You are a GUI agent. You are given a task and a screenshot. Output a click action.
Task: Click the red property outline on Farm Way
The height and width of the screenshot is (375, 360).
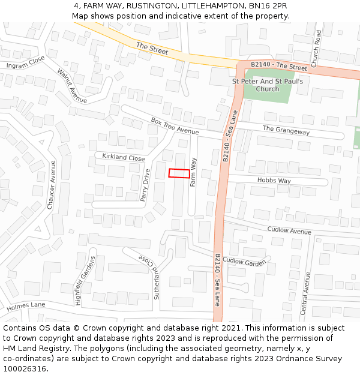coord(179,173)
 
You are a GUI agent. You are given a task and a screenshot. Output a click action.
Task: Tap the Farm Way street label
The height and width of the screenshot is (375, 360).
coord(193,172)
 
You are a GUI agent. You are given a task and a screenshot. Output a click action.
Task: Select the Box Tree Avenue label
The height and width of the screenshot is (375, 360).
coord(175,126)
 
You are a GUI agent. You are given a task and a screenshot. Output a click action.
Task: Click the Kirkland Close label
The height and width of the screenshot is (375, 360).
coord(124,158)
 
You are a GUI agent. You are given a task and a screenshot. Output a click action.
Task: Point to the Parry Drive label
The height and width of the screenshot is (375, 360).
coord(145,185)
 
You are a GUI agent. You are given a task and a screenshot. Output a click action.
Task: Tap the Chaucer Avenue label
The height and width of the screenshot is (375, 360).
coord(51,185)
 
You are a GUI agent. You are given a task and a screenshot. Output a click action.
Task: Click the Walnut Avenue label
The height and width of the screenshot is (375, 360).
coord(72,86)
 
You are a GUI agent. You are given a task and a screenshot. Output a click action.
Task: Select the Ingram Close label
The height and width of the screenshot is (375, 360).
coord(26,62)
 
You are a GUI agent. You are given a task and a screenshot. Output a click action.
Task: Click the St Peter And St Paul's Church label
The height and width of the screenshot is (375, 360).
coord(267,85)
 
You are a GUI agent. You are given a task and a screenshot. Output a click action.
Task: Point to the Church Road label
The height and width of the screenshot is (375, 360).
coord(317,48)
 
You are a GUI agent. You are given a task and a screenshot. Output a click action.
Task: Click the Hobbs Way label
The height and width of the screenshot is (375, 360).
coord(274,181)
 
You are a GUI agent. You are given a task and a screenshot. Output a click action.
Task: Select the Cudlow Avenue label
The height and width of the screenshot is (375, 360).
coord(289,230)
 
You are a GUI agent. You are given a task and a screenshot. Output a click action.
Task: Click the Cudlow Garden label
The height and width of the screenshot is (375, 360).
coord(244,262)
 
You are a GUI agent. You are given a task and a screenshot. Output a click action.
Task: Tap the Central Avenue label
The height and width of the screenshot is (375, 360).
coord(306,293)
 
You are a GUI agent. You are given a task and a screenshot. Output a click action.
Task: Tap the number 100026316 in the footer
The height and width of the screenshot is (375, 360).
coord(25,368)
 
